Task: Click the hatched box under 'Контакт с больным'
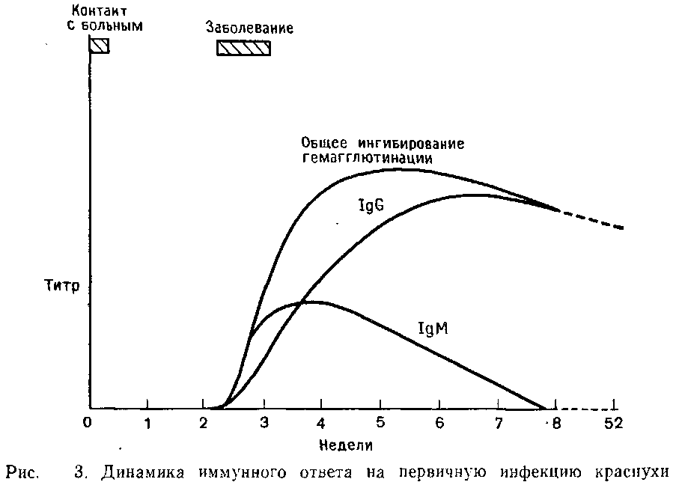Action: (99, 46)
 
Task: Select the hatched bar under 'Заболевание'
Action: (243, 47)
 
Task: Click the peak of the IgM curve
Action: (311, 302)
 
